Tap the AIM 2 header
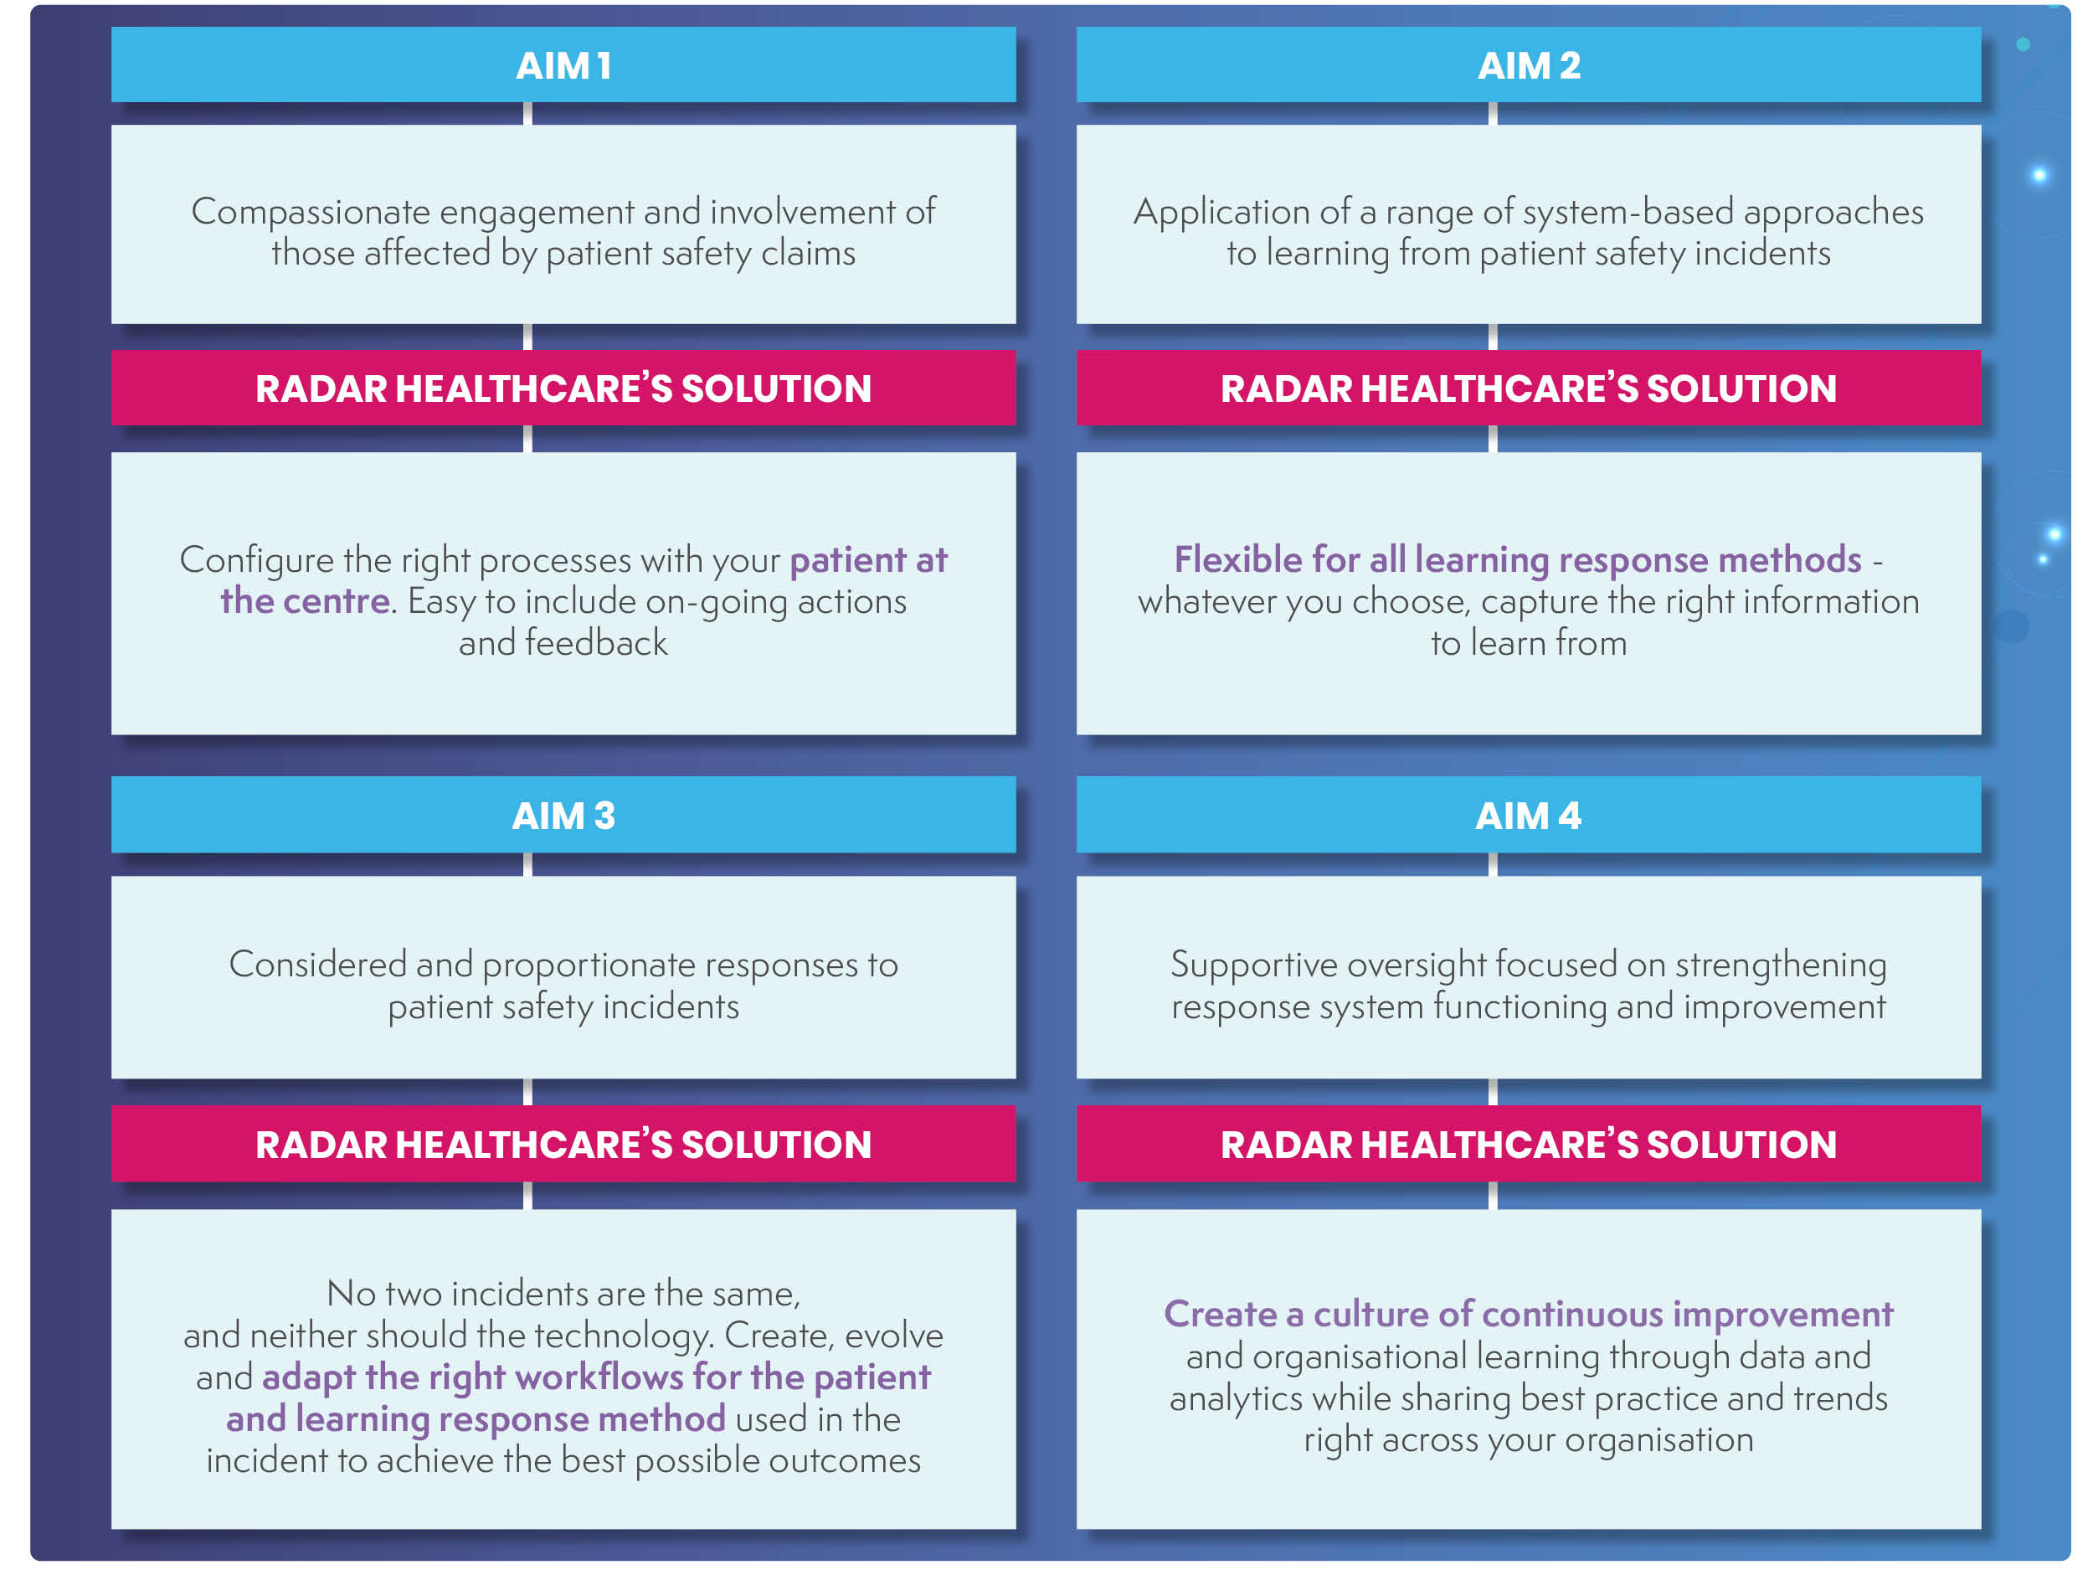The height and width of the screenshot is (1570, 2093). (1528, 64)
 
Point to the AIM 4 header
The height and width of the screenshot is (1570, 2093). (1528, 815)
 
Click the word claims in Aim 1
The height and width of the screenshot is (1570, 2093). (808, 254)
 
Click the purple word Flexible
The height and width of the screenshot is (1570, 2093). (1237, 559)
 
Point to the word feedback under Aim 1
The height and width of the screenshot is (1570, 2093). (596, 642)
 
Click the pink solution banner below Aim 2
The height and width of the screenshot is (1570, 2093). (1528, 388)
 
